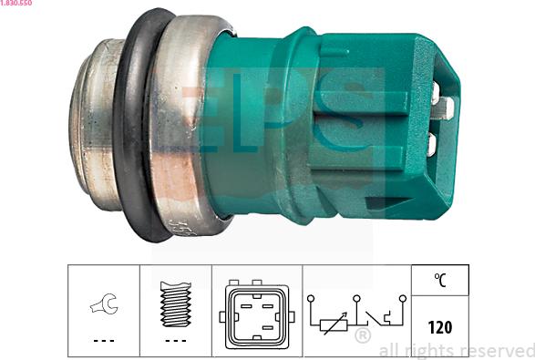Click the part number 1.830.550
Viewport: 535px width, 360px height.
point(16,3)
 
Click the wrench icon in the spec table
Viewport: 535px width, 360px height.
point(105,303)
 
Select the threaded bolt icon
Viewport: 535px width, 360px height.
point(176,303)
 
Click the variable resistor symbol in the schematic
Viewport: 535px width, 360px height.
point(334,324)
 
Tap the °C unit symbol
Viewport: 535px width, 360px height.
point(440,280)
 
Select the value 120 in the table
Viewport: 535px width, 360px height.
point(440,327)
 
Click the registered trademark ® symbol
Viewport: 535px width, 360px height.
point(363,335)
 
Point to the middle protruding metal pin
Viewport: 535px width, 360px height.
point(443,108)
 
